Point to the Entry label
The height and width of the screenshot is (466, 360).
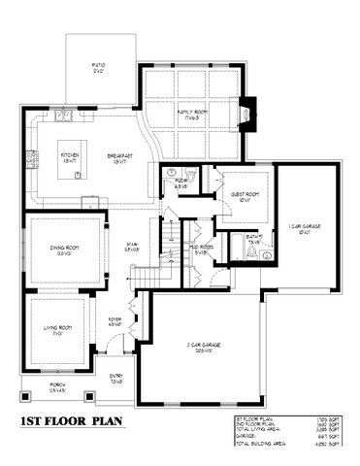tap(115, 380)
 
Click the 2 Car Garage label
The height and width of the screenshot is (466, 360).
tap(204, 346)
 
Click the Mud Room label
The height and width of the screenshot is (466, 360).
tap(201, 250)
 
